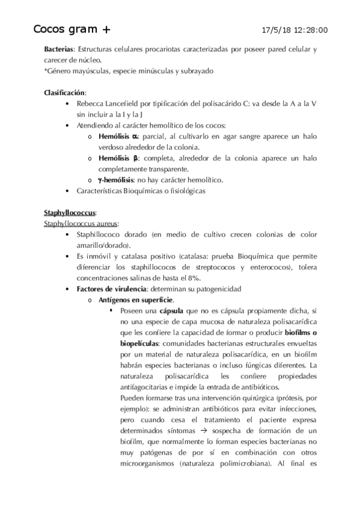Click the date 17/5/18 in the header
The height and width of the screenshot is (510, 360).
click(277, 30)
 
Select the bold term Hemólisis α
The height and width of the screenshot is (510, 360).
click(118, 137)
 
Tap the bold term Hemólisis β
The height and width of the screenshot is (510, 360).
click(118, 158)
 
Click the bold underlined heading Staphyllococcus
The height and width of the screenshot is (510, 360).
click(70, 213)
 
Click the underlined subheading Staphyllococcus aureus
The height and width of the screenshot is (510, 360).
click(81, 224)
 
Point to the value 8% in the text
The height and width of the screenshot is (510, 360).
click(192, 277)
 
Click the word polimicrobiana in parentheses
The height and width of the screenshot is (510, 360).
click(238, 464)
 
